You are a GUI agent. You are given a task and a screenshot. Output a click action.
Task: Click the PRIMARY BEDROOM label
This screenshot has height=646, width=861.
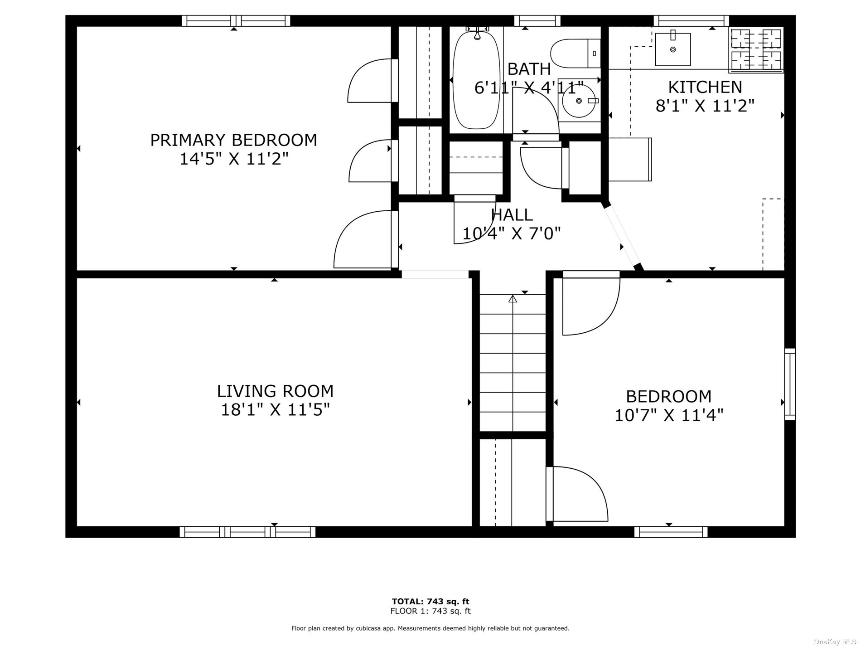coord(233,140)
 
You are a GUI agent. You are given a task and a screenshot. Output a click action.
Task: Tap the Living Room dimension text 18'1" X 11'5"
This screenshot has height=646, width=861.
coord(275,410)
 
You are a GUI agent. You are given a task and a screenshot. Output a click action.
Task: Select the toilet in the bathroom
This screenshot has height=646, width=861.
coord(576,53)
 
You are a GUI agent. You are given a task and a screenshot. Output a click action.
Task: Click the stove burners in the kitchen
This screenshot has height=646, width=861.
coord(756,50)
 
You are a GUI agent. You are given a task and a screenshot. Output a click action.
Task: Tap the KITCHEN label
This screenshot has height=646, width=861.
coord(705,87)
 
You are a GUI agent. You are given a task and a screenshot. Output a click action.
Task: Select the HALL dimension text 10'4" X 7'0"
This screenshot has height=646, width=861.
coord(512,233)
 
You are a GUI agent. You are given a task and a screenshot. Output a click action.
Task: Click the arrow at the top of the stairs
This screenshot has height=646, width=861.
coord(513,299)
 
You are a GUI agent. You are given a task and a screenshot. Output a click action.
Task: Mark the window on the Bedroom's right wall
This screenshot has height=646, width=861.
coord(790,384)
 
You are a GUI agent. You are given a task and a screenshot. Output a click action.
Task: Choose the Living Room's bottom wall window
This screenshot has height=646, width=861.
coord(247,532)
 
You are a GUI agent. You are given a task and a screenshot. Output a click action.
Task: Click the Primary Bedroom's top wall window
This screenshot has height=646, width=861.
coord(236,21)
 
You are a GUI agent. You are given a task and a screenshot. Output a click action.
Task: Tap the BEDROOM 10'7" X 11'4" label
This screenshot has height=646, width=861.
coord(669,405)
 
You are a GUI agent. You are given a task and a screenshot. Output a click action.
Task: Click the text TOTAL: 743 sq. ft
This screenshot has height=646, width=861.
coord(430,602)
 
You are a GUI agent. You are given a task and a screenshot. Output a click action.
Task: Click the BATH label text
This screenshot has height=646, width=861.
coord(529,69)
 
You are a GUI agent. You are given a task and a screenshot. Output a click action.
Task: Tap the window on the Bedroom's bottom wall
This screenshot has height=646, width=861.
coord(671,532)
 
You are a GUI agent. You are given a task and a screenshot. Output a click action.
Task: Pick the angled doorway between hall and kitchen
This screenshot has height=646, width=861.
coord(623,237)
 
